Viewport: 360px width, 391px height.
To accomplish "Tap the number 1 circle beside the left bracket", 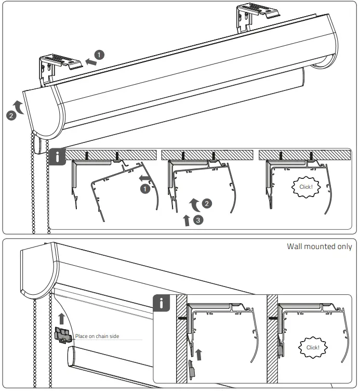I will (x=100, y=54).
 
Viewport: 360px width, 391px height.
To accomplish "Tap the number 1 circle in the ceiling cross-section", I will (x=145, y=189).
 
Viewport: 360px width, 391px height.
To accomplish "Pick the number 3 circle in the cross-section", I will (x=197, y=220).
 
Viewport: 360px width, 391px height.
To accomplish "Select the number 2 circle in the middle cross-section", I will (x=207, y=203).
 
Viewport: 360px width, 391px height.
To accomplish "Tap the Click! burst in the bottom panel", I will (x=313, y=347).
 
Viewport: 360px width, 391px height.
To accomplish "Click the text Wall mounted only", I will (x=319, y=246).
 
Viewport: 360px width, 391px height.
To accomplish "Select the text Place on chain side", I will (x=97, y=336).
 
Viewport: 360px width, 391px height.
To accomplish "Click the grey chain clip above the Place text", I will (x=62, y=335).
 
